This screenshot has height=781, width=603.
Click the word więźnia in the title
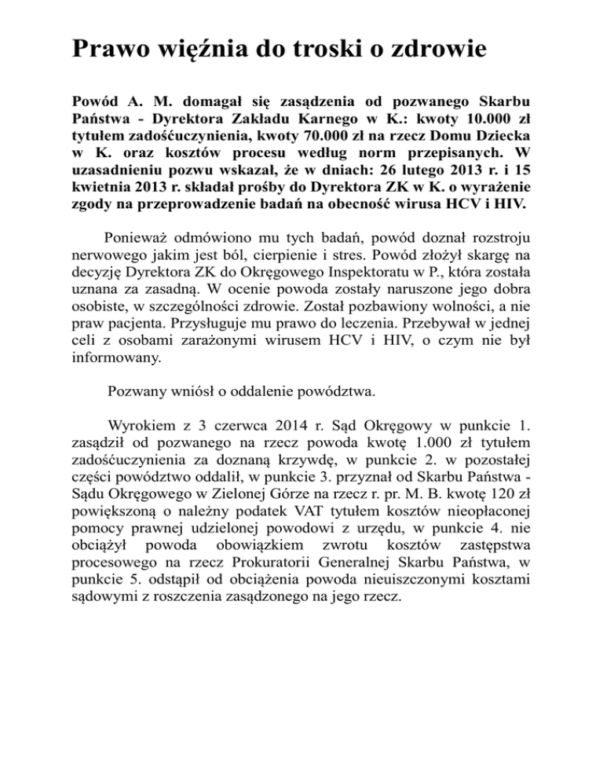pos(196,50)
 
